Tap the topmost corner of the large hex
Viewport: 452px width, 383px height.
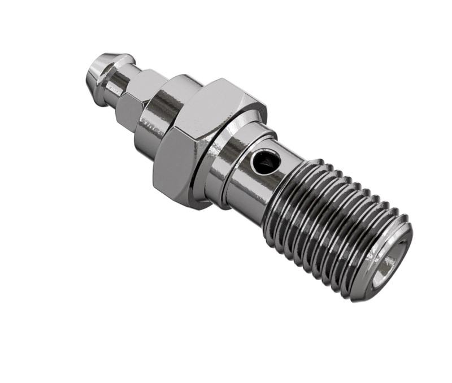coord(218,79)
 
